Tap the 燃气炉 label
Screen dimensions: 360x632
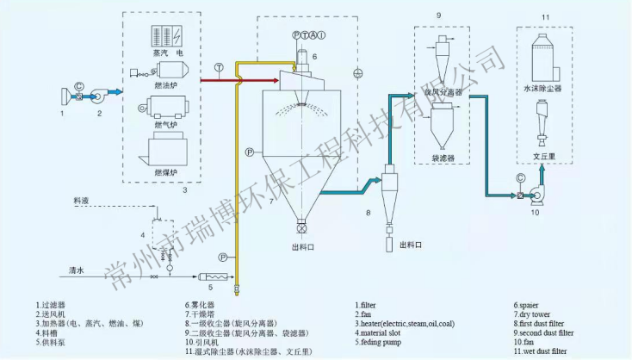coord(165,126)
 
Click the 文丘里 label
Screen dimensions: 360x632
coord(542,157)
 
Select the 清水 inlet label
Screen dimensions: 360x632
coord(77,270)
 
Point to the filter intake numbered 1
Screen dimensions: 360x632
coord(65,96)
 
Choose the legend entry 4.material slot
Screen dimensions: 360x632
coord(384,332)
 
